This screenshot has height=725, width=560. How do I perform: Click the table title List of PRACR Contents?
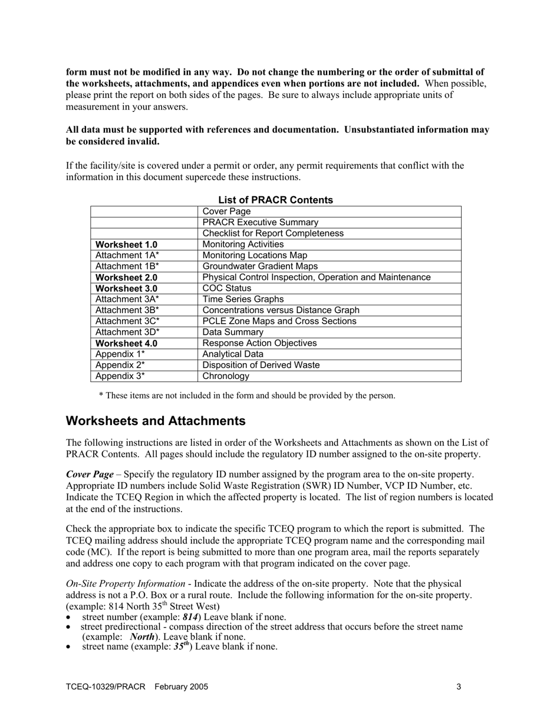click(x=275, y=200)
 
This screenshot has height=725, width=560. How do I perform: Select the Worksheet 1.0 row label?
click(x=126, y=245)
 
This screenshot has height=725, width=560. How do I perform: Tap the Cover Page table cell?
click(x=226, y=212)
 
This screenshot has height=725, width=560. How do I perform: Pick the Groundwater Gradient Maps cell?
click(x=260, y=266)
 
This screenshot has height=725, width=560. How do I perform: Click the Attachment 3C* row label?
click(x=127, y=321)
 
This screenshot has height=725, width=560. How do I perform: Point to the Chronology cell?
click(x=226, y=376)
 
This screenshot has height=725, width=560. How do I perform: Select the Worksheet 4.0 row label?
click(x=126, y=343)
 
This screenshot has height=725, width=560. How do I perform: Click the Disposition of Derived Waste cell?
click(x=261, y=365)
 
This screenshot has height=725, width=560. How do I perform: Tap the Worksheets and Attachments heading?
click(x=156, y=421)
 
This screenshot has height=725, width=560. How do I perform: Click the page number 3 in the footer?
click(x=459, y=687)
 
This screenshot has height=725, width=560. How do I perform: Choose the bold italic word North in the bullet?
click(x=142, y=637)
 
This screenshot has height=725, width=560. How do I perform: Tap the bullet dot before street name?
click(x=69, y=647)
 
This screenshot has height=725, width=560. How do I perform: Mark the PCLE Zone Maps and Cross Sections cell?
click(x=279, y=321)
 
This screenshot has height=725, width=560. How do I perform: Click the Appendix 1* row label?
click(x=120, y=354)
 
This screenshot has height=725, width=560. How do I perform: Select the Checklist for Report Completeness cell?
click(x=273, y=233)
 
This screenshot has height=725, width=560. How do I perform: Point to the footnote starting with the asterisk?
click(x=247, y=396)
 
